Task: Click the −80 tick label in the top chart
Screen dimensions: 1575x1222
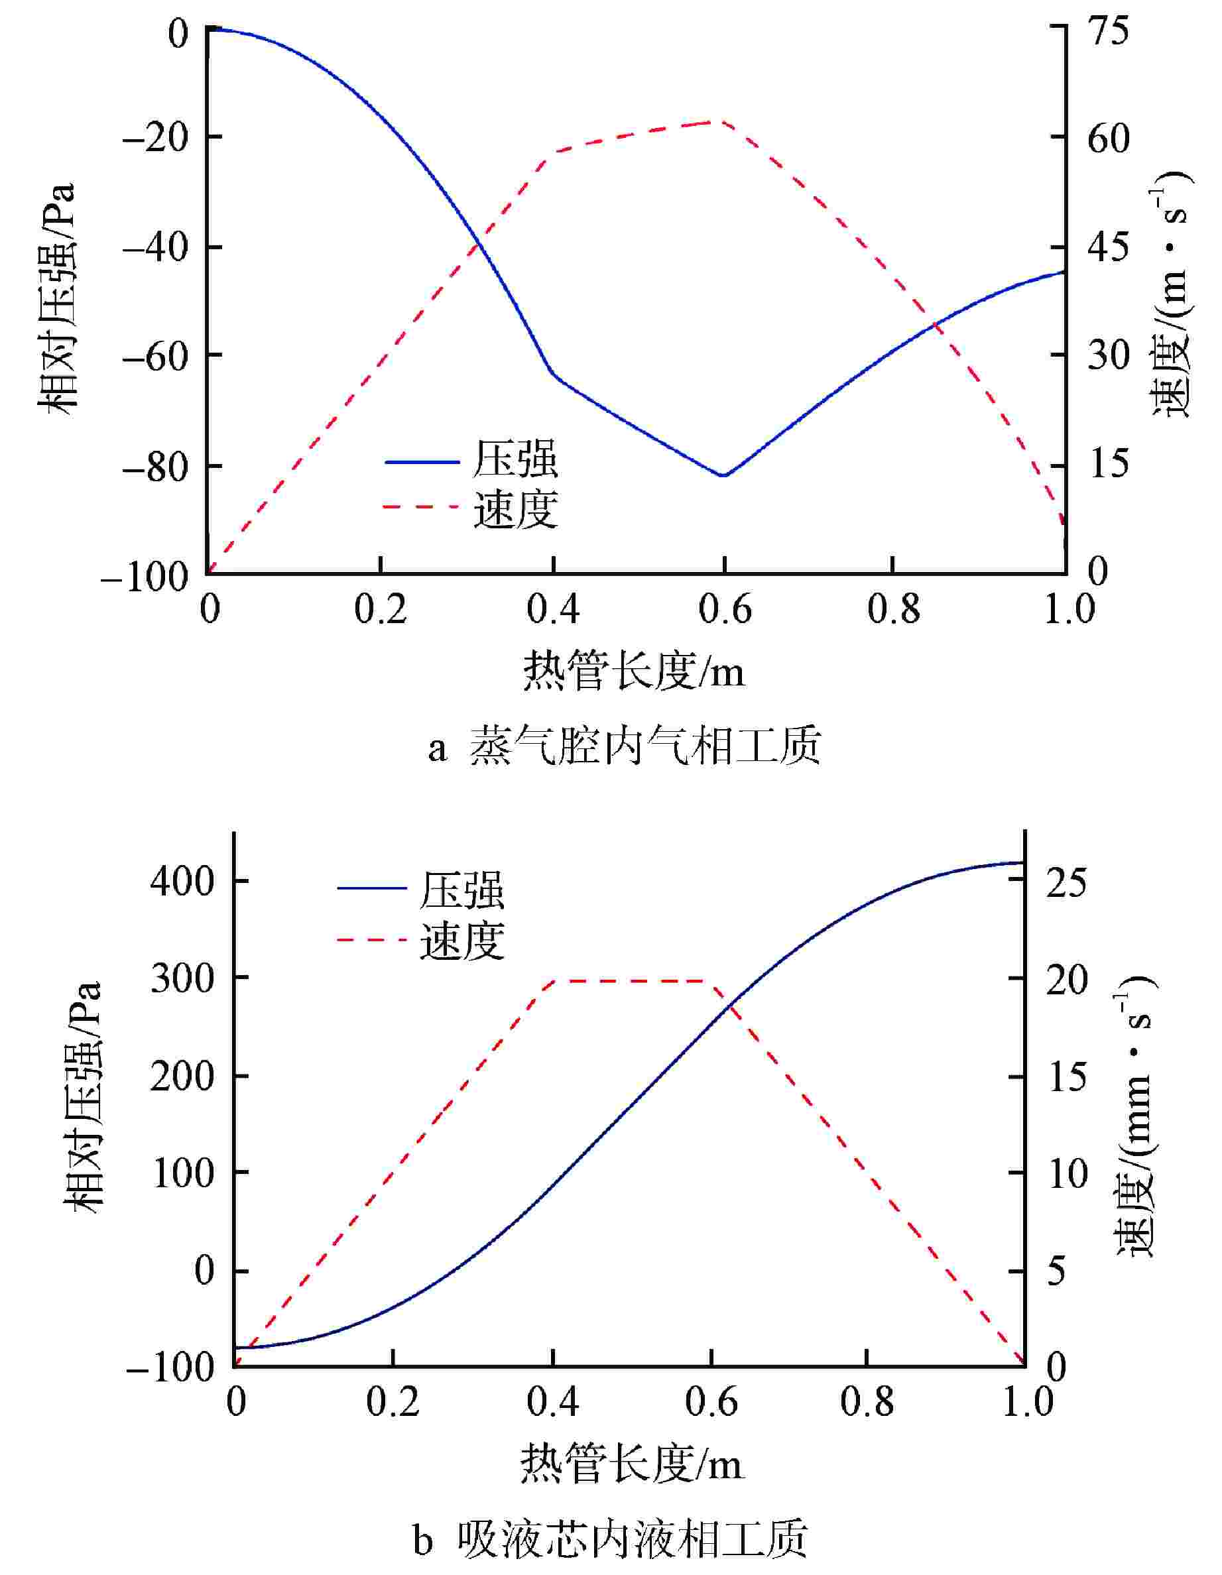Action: pos(155,467)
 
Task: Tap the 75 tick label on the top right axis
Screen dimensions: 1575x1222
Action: pos(1109,32)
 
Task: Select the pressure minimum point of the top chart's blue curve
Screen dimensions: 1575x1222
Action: pos(723,475)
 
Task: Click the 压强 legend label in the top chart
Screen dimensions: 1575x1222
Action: pos(515,459)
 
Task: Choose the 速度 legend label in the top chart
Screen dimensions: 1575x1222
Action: pos(515,508)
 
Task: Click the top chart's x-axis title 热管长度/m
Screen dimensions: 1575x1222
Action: pos(633,671)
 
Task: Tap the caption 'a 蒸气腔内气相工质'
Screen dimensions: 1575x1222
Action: pos(625,747)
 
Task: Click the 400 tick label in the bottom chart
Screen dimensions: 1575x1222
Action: pos(182,880)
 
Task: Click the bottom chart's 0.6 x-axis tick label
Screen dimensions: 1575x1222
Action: pos(711,1401)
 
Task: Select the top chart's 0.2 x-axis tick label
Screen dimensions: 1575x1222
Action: pos(380,609)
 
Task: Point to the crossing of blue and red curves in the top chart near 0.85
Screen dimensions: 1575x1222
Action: pos(936,325)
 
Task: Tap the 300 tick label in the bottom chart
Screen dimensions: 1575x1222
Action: pos(182,978)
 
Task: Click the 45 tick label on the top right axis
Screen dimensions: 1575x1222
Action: pos(1109,247)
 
